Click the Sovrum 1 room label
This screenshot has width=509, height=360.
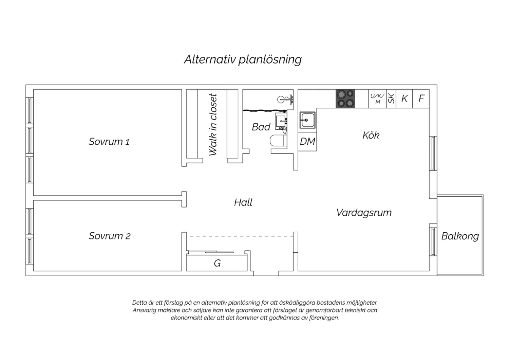coord(109,142)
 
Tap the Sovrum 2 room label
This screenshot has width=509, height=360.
coord(110,236)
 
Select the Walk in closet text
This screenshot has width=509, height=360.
coord(213,125)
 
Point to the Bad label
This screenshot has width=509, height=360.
coord(261,127)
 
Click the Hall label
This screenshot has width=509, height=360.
coord(243,202)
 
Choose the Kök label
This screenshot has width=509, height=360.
coord(371,135)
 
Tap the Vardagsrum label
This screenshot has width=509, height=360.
coord(364,213)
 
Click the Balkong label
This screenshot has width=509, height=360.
coord(460,236)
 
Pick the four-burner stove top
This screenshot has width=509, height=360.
coord(345,99)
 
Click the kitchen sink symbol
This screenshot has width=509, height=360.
coord(307,120)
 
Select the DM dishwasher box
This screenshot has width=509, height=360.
coord(307,142)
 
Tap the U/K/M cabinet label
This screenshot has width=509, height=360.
coord(377,99)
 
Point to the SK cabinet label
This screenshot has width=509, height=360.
coord(391,99)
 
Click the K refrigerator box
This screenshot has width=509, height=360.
coord(404,99)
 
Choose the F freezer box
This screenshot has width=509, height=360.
coord(421,99)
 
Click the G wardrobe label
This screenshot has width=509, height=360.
coord(217,263)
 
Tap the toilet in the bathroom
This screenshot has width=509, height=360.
coord(278,141)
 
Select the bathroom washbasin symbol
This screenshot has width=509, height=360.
coord(281,121)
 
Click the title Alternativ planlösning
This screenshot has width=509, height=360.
coord(243,59)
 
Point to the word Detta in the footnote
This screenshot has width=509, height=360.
coord(139,303)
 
